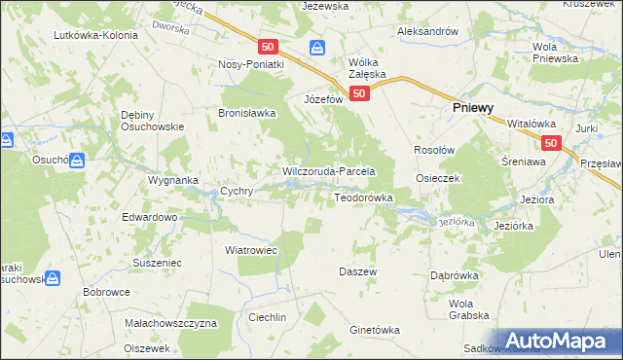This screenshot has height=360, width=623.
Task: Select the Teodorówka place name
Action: pos(363,198)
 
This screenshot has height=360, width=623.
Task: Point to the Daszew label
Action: pos(356,270)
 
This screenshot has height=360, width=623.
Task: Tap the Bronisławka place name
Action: pos(247,113)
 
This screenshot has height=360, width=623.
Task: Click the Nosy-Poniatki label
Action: pos(250,64)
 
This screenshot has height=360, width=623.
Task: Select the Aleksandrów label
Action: pos(427,31)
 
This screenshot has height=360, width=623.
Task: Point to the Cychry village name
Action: pos(238,192)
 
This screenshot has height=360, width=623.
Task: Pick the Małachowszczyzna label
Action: pos(170,322)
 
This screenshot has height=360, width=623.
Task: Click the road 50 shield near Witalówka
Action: pos(552,143)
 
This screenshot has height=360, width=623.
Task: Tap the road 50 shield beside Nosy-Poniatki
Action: pos(270,47)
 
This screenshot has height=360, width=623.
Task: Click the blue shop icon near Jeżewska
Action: pos(317,47)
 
